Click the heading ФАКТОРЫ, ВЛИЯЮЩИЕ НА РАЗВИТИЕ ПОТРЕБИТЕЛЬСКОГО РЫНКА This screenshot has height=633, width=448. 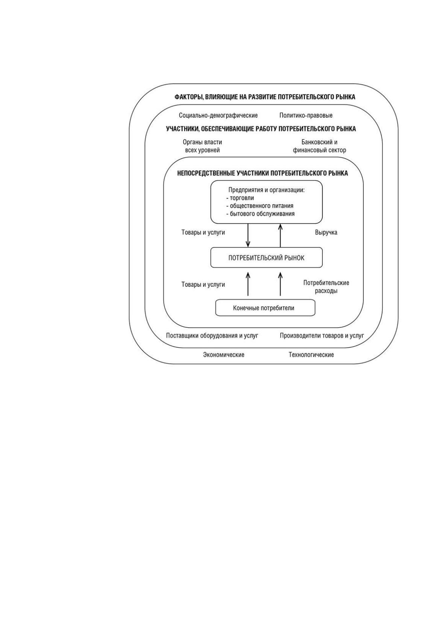265,97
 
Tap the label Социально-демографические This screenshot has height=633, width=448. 218,115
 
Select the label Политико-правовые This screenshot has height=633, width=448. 306,115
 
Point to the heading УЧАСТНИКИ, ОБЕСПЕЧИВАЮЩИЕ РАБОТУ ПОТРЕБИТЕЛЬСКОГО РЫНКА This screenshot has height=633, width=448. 261,129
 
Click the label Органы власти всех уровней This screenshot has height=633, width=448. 202,146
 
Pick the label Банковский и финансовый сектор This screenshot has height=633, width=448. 319,146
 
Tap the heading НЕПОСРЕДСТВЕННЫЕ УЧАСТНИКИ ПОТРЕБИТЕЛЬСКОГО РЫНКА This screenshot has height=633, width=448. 263,173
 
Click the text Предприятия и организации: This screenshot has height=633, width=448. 266,190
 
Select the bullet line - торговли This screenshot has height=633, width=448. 240,198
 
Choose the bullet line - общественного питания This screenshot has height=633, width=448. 260,206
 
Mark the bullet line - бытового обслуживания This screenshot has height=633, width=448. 260,214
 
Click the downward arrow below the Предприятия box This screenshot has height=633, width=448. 248,235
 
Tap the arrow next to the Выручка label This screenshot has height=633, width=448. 280,235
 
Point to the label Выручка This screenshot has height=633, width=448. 326,232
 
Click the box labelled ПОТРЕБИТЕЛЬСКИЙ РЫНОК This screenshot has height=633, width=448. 266,257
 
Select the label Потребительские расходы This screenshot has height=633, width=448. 326,287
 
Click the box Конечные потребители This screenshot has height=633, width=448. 265,308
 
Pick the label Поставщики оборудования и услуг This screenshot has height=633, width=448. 212,336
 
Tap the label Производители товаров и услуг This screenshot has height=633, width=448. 322,336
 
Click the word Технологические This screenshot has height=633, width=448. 311,354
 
